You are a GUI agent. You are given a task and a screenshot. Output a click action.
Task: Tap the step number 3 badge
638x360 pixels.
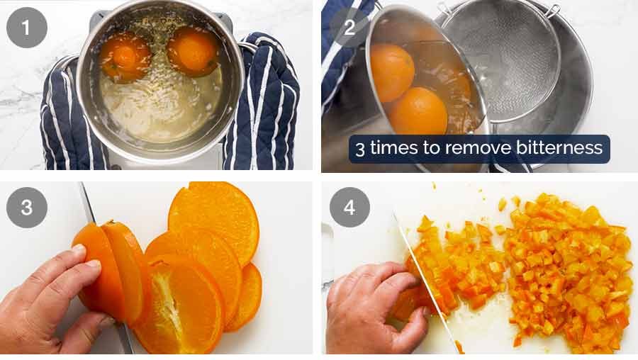tap(27, 207)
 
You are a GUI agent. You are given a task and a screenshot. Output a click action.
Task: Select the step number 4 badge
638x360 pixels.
tap(349, 207)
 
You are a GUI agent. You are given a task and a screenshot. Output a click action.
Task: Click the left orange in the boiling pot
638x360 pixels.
tap(125, 56)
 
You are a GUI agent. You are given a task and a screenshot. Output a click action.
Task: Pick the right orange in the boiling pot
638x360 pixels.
tap(193, 51)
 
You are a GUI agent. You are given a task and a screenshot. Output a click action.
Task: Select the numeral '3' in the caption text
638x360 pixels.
tap(360, 149)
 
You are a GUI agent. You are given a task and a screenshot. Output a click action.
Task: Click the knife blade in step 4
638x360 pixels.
tap(426, 283)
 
